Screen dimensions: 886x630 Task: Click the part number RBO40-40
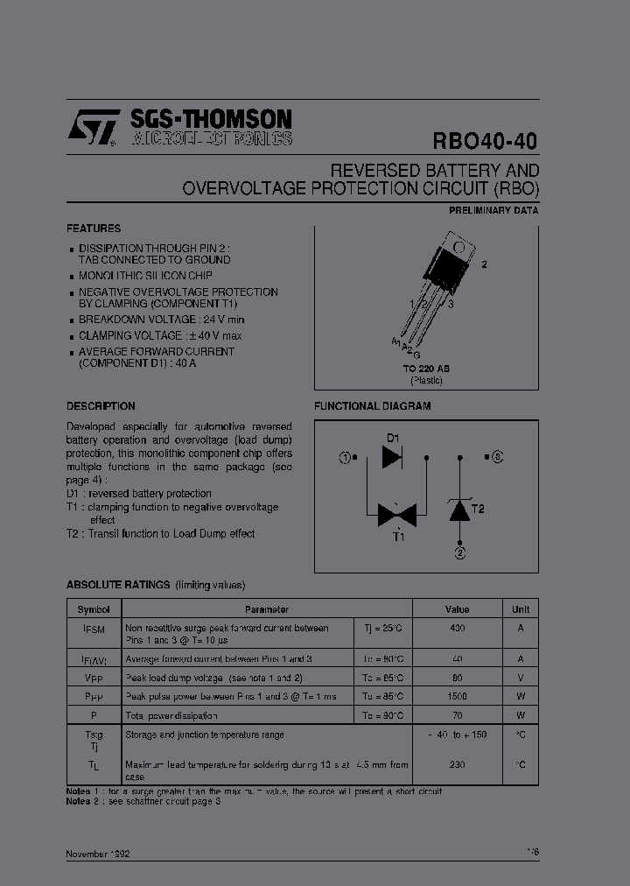tap(486, 141)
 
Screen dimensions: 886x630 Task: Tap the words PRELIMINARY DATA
tap(493, 211)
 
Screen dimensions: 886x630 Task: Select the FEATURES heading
tap(94, 228)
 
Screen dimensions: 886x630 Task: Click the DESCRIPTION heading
tap(101, 406)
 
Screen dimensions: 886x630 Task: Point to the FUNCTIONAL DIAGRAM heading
tap(372, 406)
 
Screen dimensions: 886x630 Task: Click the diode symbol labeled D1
tap(392, 456)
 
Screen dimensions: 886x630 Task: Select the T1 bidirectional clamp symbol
tap(395, 515)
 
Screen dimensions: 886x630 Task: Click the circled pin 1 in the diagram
tap(346, 457)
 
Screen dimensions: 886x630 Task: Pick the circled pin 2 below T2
tap(459, 552)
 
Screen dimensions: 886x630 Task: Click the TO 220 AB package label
tap(427, 369)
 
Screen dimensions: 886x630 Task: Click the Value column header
tap(457, 609)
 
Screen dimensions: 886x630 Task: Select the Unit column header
tap(520, 609)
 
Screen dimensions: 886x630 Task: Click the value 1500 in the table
tap(457, 696)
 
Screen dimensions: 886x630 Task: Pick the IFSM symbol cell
tap(94, 629)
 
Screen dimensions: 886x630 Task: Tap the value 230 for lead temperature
tap(457, 764)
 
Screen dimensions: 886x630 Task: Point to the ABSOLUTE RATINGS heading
tap(118, 585)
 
